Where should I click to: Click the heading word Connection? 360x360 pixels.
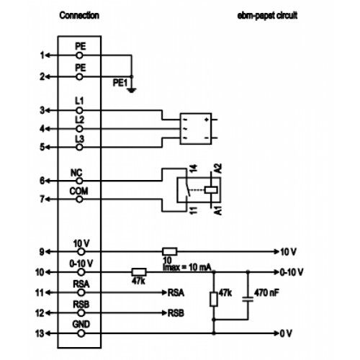[79, 15]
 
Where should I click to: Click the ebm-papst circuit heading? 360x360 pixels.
[267, 16]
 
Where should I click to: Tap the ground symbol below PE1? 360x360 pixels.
[132, 91]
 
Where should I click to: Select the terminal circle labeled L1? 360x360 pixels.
[79, 111]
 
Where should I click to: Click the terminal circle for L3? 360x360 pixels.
[79, 147]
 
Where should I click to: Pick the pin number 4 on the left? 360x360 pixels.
[42, 129]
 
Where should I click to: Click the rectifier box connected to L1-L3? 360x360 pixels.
[196, 129]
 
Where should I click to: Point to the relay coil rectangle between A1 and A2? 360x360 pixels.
[211, 190]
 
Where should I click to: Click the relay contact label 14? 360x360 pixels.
[194, 168]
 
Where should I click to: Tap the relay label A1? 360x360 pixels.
[218, 210]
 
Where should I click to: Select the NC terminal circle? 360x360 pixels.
[79, 181]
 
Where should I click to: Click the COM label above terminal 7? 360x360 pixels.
[78, 192]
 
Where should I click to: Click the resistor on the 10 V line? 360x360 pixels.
[170, 252]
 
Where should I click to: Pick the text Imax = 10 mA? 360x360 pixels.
[187, 267]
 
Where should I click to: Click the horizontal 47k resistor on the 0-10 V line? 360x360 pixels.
[139, 272]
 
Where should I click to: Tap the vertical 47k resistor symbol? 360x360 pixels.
[214, 300]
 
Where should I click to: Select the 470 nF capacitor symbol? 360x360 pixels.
[248, 300]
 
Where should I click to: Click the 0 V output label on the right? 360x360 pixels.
[286, 333]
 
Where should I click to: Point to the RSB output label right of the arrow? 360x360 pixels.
[176, 313]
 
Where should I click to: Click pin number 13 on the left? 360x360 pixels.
[40, 333]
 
